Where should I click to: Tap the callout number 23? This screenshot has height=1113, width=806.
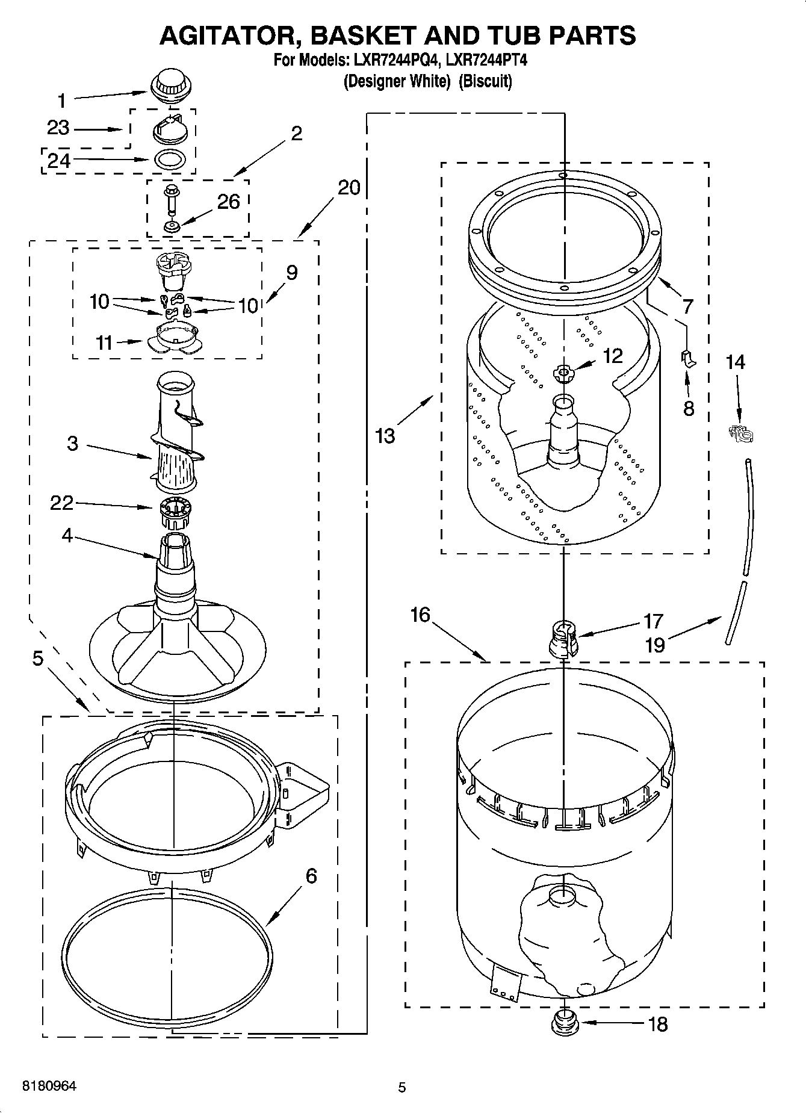tap(58, 128)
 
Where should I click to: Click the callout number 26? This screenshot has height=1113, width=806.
tap(228, 202)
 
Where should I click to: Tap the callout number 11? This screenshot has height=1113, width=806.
tap(105, 343)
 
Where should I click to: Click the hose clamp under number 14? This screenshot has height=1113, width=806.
tap(739, 432)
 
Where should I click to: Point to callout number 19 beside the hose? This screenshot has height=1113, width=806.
tap(655, 645)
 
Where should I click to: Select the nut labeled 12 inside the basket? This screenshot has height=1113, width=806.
tap(563, 374)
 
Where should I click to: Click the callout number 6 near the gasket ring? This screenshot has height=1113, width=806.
tap(311, 875)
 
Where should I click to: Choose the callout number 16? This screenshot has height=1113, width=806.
tap(421, 615)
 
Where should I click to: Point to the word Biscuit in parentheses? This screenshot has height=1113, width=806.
tap(485, 81)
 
